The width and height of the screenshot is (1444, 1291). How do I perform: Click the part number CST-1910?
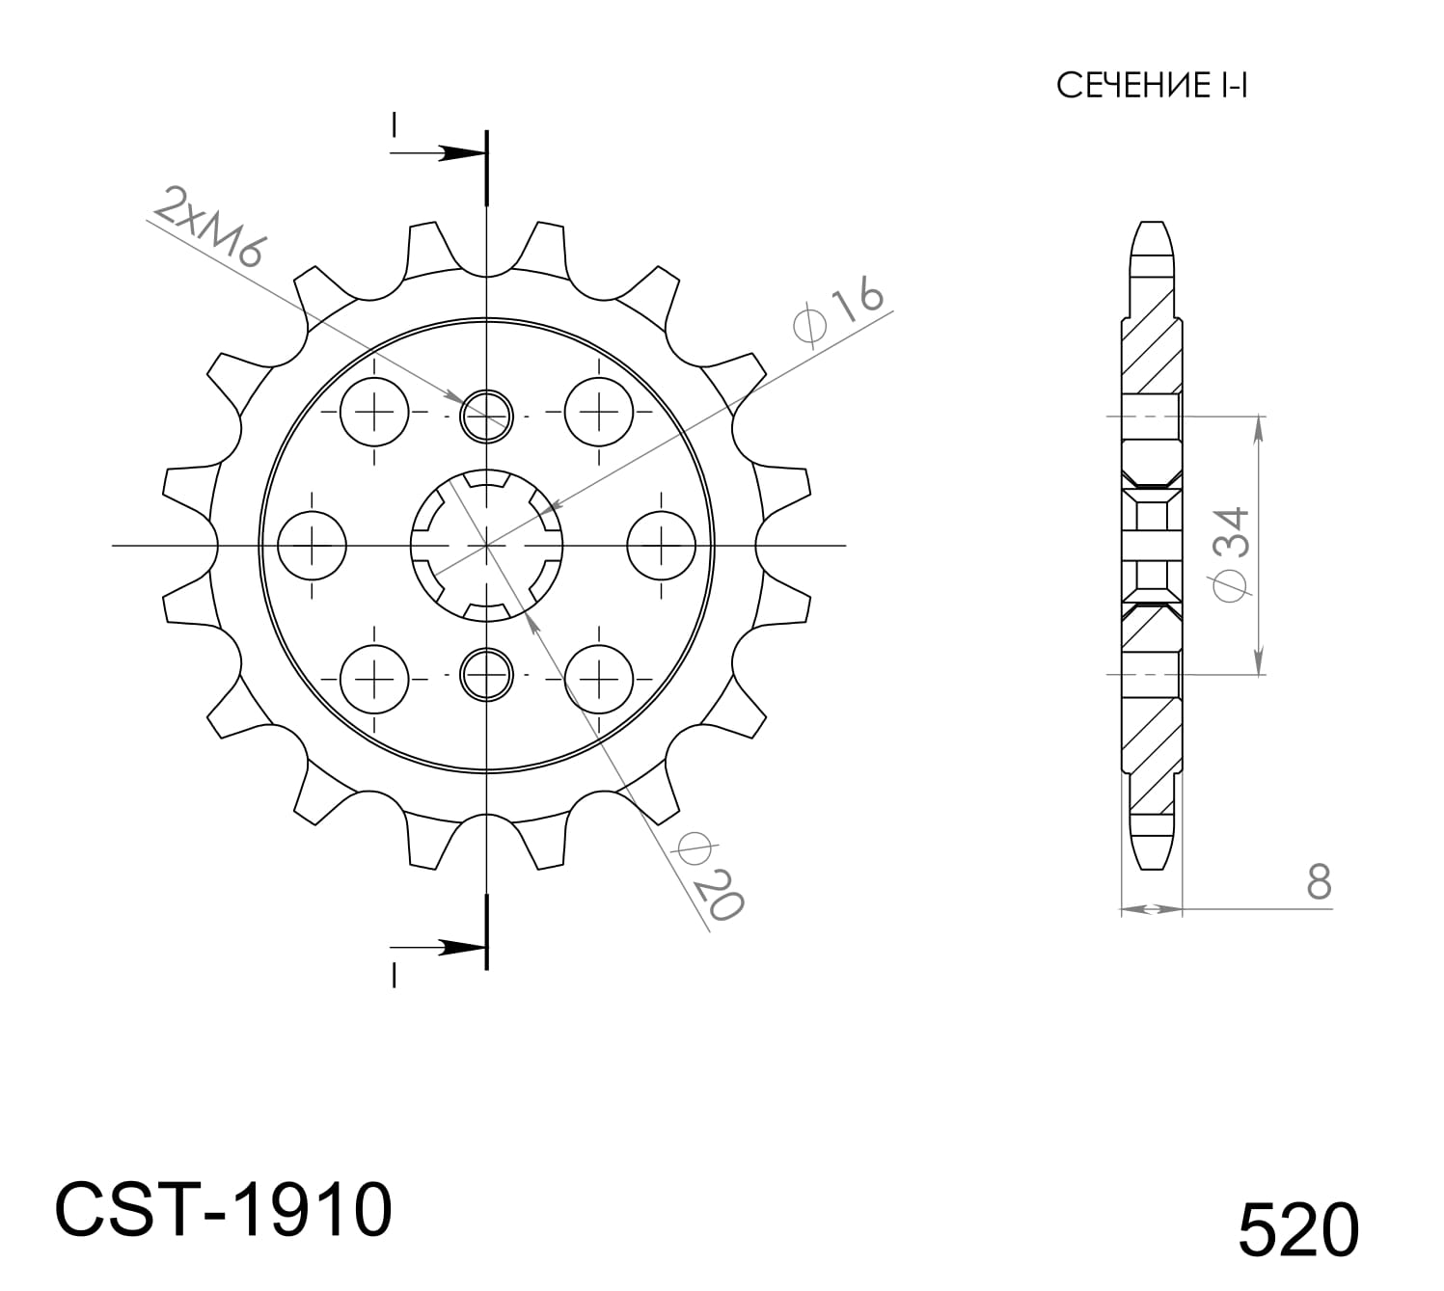[224, 1209]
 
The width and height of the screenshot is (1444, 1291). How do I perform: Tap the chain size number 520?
[1298, 1230]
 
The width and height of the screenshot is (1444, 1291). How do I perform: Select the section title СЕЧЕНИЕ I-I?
[1152, 86]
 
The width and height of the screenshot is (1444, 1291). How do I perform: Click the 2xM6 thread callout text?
[208, 227]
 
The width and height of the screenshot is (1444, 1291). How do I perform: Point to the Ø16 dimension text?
[837, 310]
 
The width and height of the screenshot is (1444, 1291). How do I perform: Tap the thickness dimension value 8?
[1319, 881]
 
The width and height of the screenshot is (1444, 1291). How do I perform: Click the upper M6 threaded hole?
[487, 417]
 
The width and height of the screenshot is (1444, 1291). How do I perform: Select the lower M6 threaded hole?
[487, 674]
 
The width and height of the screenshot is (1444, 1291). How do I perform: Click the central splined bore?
[487, 546]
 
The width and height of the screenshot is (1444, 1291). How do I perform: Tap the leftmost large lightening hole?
[312, 546]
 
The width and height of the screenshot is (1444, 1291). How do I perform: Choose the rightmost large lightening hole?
[662, 546]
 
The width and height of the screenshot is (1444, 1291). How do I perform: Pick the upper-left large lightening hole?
[374, 413]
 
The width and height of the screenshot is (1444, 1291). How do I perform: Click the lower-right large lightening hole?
[599, 678]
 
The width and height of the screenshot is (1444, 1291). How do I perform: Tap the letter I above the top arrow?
[394, 125]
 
